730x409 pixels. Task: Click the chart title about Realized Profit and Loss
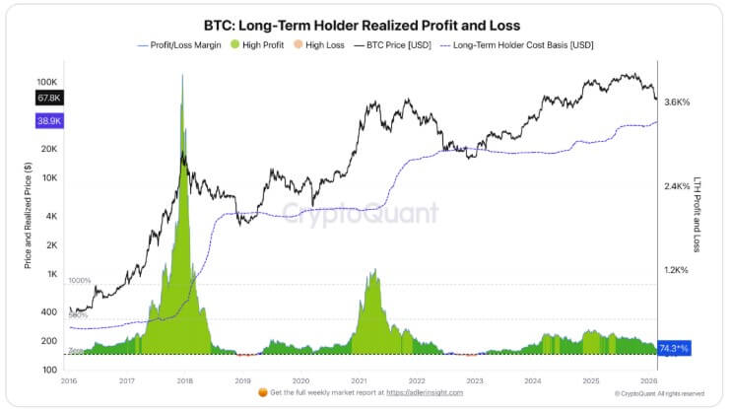[362, 25]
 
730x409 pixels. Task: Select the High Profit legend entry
[258, 45]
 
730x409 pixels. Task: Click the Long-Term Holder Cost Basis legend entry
[523, 45]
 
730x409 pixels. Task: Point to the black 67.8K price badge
[49, 98]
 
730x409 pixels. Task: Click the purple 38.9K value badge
[49, 119]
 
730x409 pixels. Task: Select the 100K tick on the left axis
[48, 82]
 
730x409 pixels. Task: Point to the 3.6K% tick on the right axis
[677, 102]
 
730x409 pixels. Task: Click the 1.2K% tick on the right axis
[677, 270]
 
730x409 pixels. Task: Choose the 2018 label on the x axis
[184, 379]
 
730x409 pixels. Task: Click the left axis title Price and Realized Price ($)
[28, 215]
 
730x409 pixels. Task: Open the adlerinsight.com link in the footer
[415, 392]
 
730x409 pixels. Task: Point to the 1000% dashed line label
[80, 281]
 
